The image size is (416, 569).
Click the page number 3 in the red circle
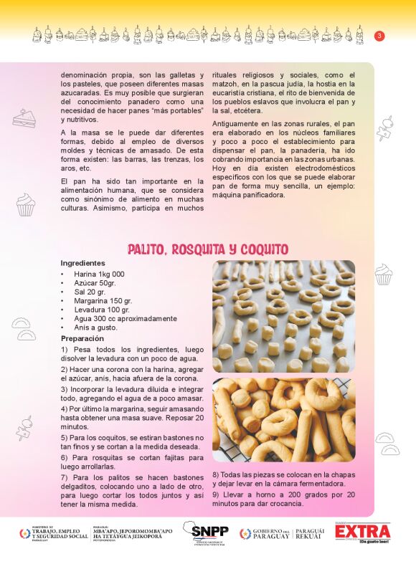pyautogui.click(x=379, y=36)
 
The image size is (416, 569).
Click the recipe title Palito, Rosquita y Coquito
pyautogui.click(x=208, y=249)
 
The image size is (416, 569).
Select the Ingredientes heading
pyautogui.click(x=82, y=263)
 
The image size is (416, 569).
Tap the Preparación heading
pyautogui.click(x=82, y=338)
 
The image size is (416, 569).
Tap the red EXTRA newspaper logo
pyautogui.click(x=362, y=532)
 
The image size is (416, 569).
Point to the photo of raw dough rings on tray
pyautogui.click(x=283, y=316)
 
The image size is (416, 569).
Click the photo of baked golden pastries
pyautogui.click(x=283, y=420)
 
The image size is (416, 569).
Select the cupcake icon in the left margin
pyautogui.click(x=26, y=204)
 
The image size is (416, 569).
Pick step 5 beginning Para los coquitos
pyautogui.click(x=132, y=441)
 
